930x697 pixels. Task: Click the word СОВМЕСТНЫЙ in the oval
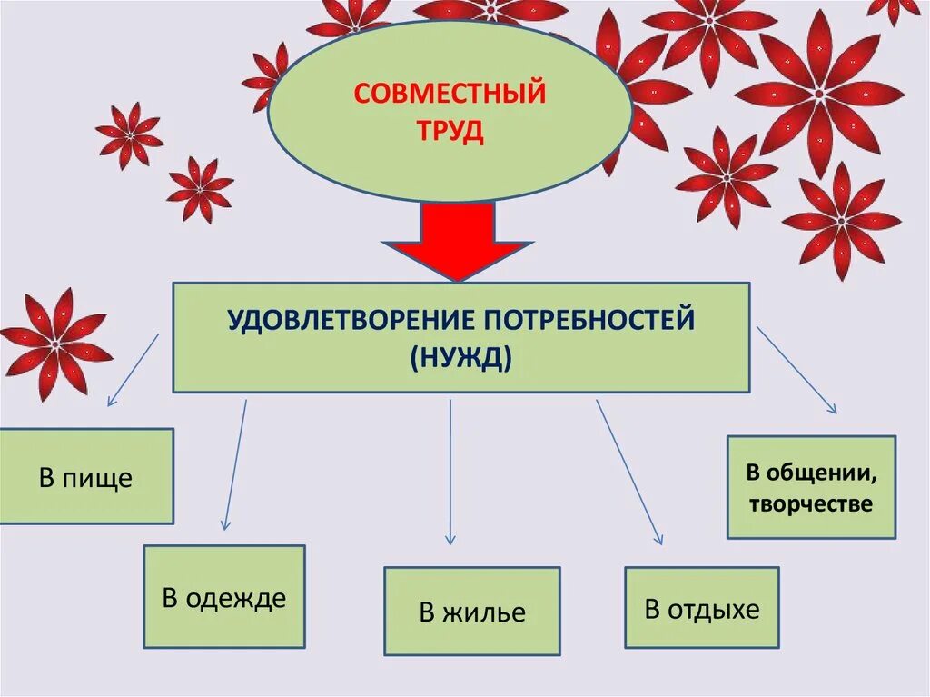(450, 93)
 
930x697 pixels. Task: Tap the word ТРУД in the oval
(450, 133)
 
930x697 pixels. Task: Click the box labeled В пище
(85, 477)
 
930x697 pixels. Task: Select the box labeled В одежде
(223, 597)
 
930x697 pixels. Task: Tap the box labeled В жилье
(471, 612)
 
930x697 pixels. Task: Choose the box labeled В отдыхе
(701, 608)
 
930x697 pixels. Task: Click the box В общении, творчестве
(811, 487)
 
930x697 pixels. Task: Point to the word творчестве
(811, 503)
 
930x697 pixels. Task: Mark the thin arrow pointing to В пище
(134, 369)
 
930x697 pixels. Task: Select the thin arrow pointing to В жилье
(450, 473)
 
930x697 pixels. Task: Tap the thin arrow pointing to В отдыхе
(629, 473)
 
